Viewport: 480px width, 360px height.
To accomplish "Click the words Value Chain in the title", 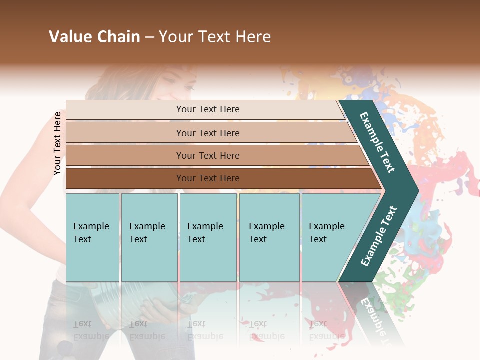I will pos(94,37).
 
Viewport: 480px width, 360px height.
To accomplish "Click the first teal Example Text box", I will pos(92,237).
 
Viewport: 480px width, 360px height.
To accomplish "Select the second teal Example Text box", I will pos(149,237).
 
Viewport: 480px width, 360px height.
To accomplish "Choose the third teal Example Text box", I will pos(208,237).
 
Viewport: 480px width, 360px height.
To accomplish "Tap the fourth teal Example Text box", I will pos(269,237).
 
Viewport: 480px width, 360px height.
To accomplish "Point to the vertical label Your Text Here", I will pos(57,143).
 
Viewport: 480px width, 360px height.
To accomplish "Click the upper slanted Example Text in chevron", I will pos(377,142).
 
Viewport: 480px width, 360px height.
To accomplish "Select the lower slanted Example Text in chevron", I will pos(378,236).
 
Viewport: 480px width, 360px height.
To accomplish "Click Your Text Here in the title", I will pos(215,37).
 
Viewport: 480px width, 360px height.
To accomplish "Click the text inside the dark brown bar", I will pos(208,178).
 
